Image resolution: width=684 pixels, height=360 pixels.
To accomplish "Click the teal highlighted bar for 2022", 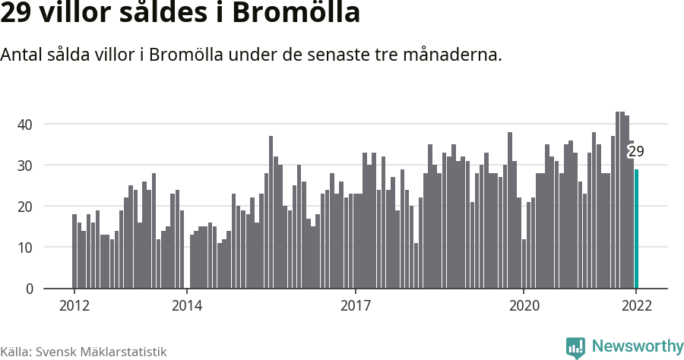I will tap(636, 229).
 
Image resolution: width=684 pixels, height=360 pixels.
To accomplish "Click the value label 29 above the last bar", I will tap(636, 151).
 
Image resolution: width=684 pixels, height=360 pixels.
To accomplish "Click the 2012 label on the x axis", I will tap(74, 306).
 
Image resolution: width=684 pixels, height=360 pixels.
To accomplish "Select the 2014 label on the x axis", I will tap(186, 306).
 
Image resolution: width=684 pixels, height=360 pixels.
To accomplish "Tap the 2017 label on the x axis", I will tap(355, 306).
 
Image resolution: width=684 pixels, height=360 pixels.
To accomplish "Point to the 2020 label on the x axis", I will tap(524, 306).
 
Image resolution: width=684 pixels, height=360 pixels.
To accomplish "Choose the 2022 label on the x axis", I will tap(636, 306).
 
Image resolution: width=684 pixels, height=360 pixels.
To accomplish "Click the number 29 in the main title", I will tap(14, 14).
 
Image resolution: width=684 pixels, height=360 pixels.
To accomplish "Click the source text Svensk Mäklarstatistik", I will tap(101, 352).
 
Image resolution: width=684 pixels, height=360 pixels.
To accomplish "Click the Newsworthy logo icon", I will tap(575, 347).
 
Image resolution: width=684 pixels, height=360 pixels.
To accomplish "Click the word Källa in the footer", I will tap(15, 352).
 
